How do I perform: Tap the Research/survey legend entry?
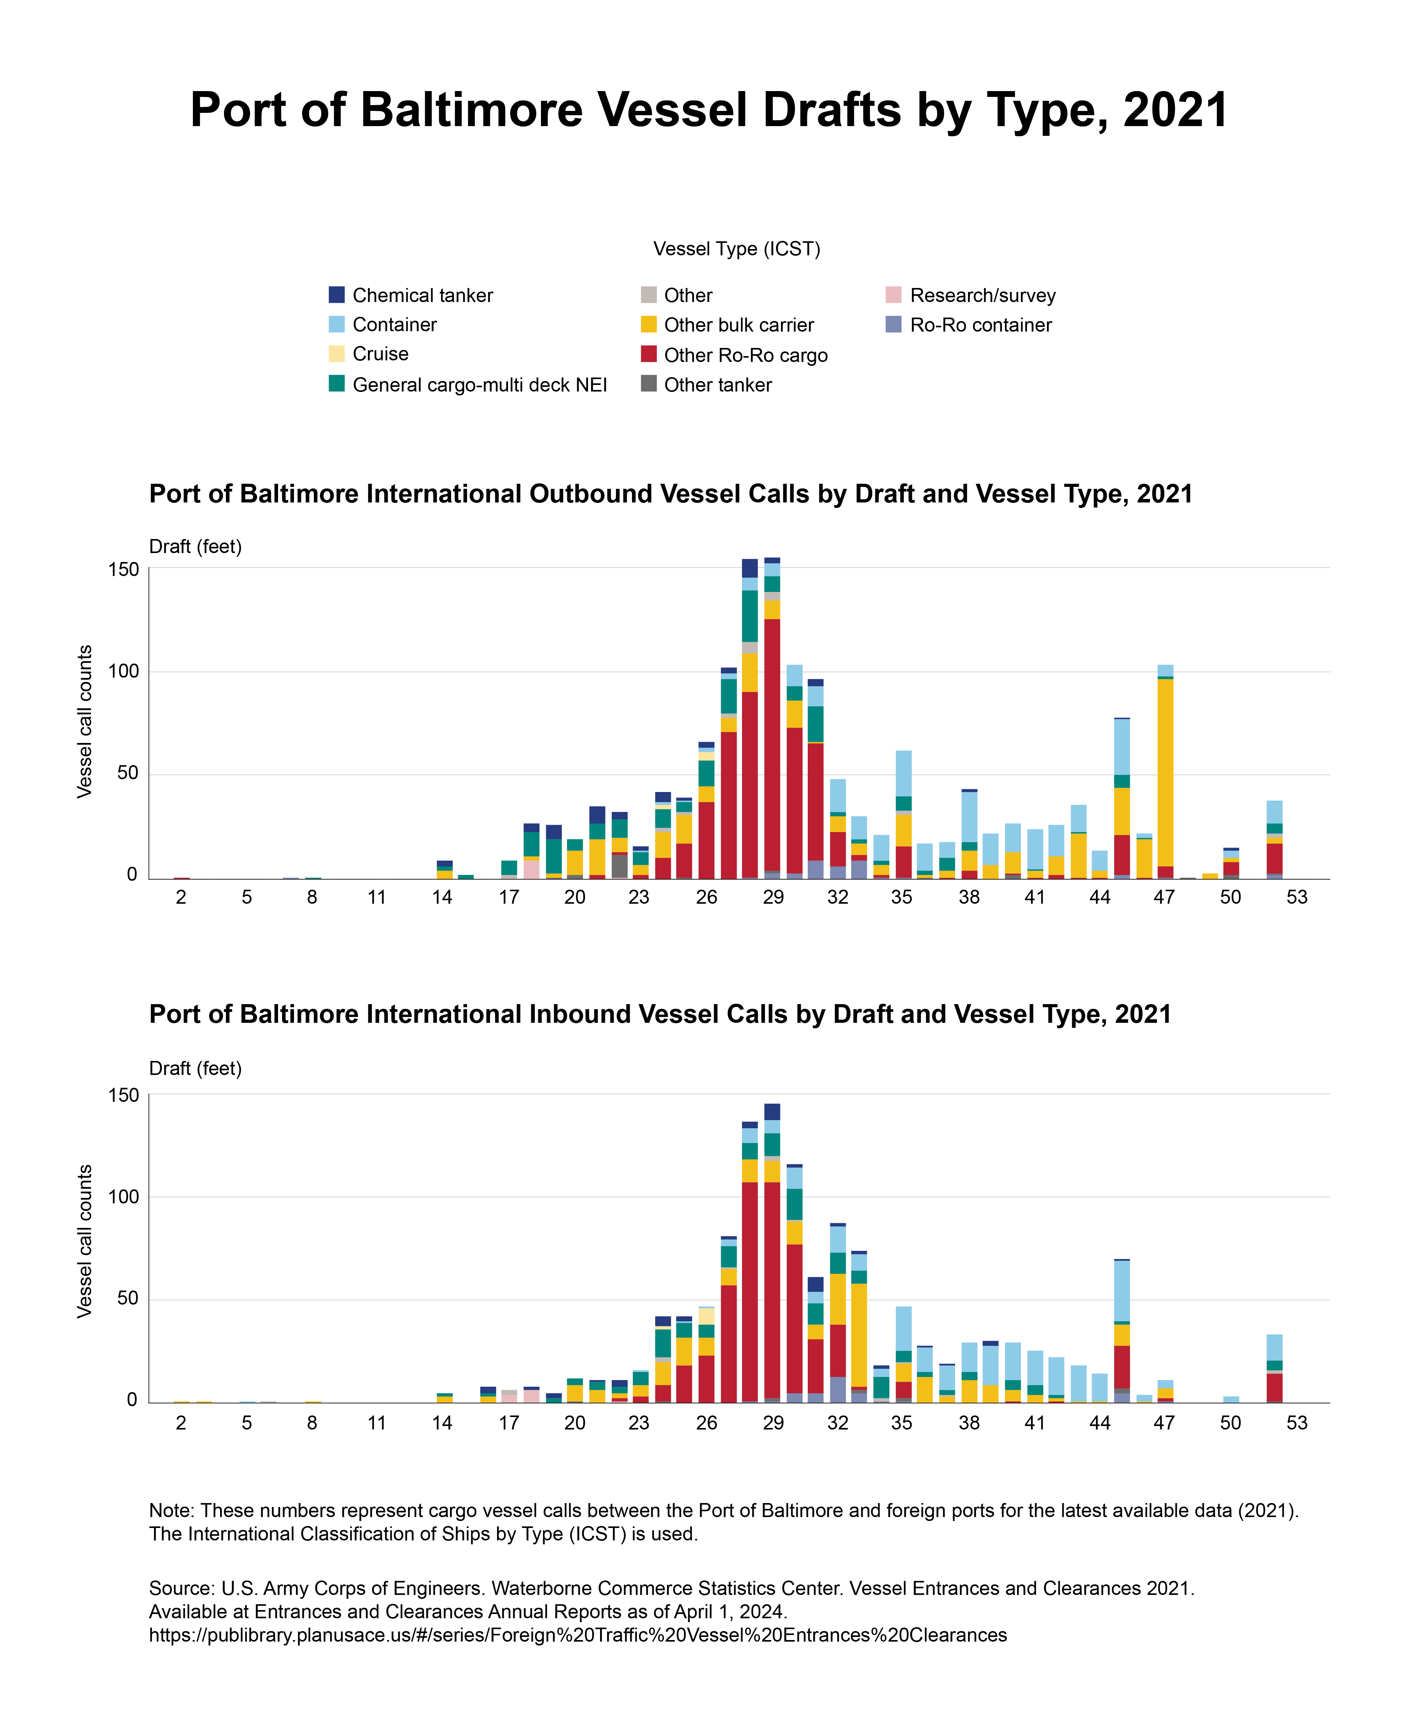(x=982, y=295)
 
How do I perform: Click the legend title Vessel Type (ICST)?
(x=737, y=249)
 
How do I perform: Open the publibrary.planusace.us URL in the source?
(x=577, y=1635)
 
